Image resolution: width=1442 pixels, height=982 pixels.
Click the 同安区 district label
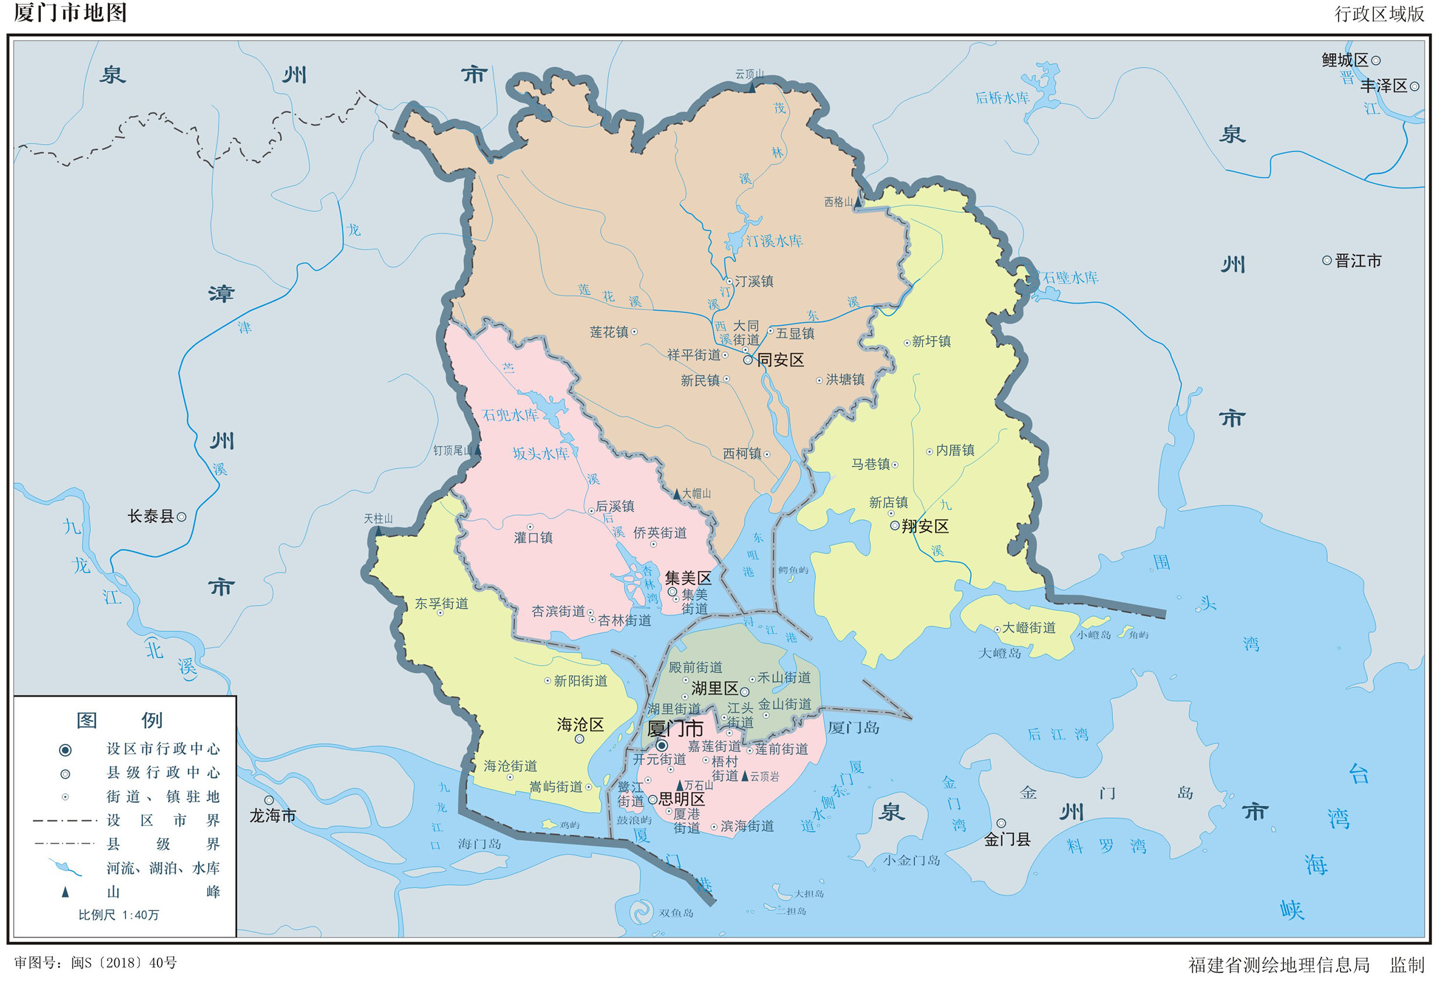[x=780, y=360]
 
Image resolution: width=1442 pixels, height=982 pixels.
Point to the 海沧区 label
[x=580, y=725]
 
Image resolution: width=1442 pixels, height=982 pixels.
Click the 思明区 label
[x=681, y=799]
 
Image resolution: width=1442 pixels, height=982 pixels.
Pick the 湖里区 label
[x=714, y=689]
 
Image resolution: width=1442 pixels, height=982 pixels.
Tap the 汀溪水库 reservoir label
[x=774, y=241]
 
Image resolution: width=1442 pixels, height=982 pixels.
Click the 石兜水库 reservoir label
[x=510, y=415]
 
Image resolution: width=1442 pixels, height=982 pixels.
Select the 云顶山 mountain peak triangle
[x=752, y=88]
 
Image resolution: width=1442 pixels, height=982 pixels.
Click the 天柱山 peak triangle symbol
[x=379, y=532]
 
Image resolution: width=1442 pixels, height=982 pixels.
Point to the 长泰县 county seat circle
[x=182, y=516]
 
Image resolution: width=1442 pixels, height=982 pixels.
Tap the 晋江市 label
[x=1358, y=261]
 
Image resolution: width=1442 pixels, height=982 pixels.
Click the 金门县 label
[x=1007, y=839]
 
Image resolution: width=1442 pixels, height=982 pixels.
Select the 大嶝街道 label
[x=1029, y=628]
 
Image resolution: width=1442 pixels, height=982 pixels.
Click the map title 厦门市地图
[x=70, y=13]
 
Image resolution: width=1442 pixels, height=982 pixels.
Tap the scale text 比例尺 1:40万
[x=118, y=915]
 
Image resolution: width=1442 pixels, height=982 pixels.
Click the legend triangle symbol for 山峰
[x=65, y=892]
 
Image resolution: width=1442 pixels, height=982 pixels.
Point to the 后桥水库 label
[x=1002, y=97]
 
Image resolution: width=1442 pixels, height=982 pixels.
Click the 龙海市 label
[x=273, y=816]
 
